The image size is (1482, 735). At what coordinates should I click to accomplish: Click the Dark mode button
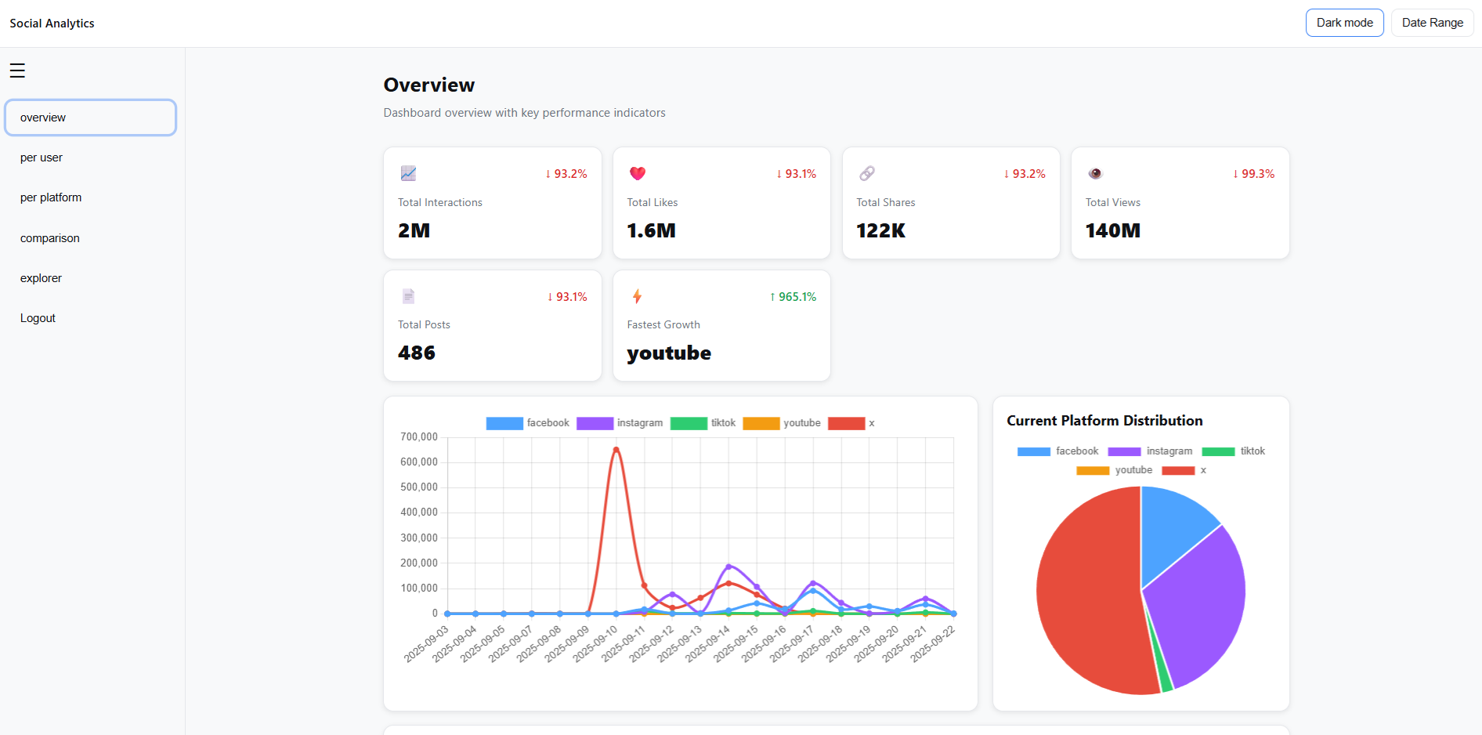pos(1344,23)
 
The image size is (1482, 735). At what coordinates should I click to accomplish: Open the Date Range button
pos(1432,23)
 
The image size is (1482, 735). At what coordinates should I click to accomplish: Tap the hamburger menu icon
pos(17,71)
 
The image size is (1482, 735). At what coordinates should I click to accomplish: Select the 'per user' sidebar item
pos(42,157)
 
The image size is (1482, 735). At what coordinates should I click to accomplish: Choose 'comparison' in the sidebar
pos(50,238)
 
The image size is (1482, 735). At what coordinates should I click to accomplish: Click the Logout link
pos(38,318)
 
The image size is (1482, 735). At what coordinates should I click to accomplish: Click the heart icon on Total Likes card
pos(638,173)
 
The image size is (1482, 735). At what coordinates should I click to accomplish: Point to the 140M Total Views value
pos(1112,230)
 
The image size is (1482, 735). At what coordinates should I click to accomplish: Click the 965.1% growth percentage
pos(793,297)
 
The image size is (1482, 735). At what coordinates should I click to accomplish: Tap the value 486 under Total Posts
pos(416,353)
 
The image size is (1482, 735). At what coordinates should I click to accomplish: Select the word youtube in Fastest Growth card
pos(669,353)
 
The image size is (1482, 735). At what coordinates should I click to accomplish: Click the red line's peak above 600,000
pos(616,450)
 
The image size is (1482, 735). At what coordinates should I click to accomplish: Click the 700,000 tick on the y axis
pos(418,437)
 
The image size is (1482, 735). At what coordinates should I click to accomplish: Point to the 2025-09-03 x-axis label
pos(427,643)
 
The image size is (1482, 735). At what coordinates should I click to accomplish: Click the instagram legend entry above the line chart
pos(620,423)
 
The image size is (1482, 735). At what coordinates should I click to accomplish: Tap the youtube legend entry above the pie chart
pos(1114,470)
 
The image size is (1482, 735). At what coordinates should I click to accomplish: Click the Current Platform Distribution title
pos(1104,421)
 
